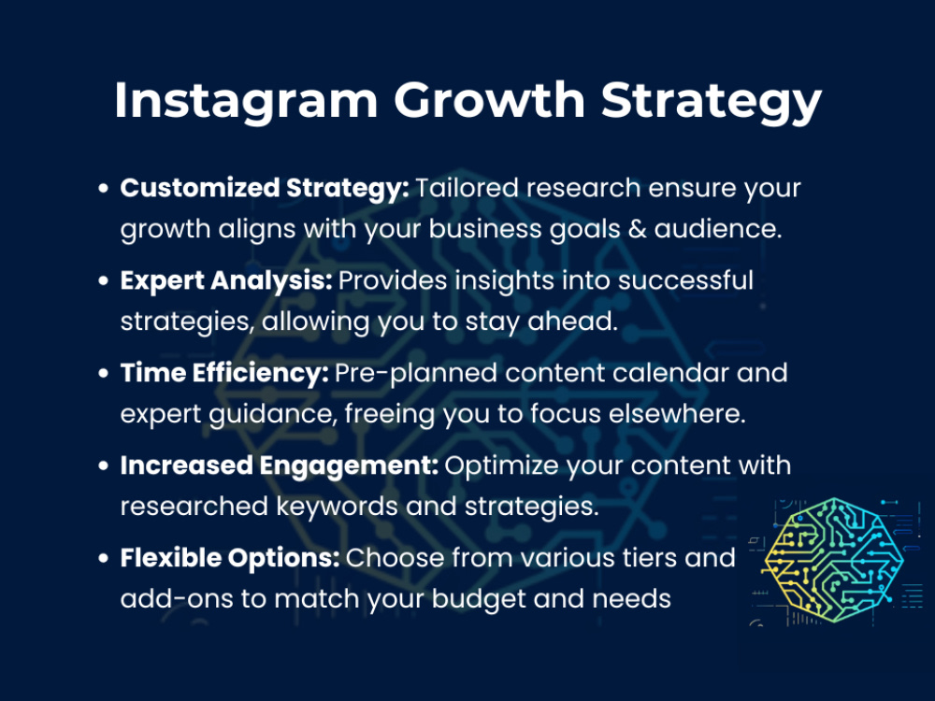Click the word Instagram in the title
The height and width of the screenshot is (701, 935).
click(245, 99)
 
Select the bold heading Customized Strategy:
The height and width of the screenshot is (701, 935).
click(265, 188)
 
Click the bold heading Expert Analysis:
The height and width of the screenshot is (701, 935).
click(226, 280)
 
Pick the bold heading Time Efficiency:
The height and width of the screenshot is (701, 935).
click(224, 373)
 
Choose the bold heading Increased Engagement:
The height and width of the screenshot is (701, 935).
click(279, 465)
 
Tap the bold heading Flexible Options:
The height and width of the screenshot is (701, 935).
click(229, 558)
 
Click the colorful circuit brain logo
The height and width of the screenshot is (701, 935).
click(833, 562)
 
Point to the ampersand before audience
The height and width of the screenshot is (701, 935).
click(636, 229)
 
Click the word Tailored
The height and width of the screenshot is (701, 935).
click(467, 188)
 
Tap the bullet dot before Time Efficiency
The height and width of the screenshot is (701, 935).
click(105, 374)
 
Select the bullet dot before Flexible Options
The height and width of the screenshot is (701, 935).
click(105, 559)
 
